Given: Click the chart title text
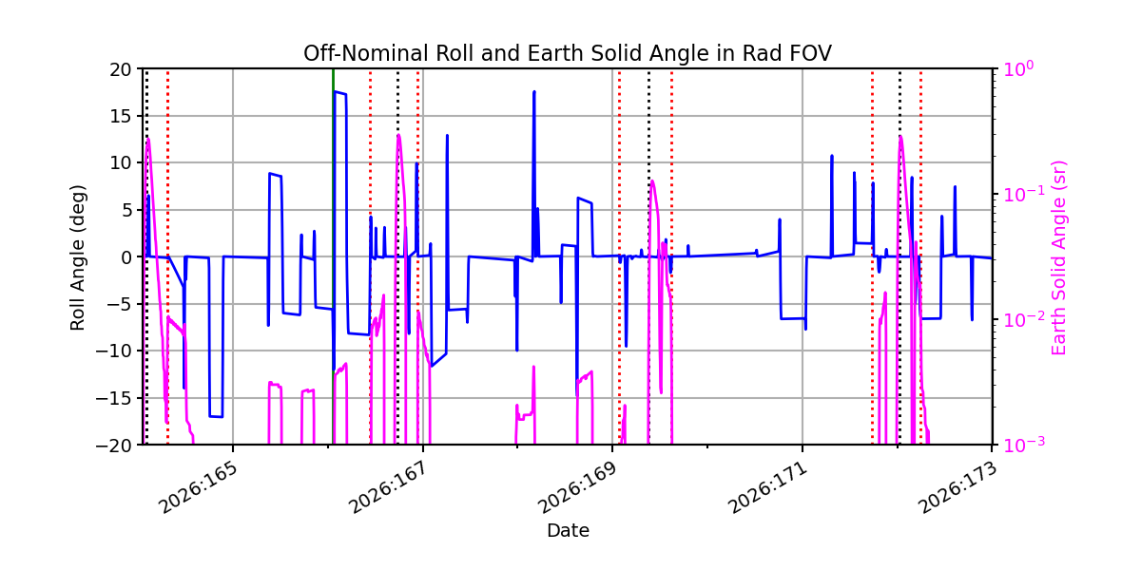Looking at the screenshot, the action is [568, 53].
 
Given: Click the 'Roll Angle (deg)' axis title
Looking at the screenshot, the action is [77, 257].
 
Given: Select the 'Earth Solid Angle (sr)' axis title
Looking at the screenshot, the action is [1058, 258].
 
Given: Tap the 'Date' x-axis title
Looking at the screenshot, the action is [568, 531].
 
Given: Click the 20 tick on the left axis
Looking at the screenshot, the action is [120, 69].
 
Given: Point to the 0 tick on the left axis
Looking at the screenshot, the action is [126, 257].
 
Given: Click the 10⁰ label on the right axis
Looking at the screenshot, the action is [1018, 68].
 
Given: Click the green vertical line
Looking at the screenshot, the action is [333, 256].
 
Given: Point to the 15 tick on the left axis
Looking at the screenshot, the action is [120, 116].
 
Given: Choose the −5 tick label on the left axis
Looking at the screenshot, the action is [119, 304].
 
